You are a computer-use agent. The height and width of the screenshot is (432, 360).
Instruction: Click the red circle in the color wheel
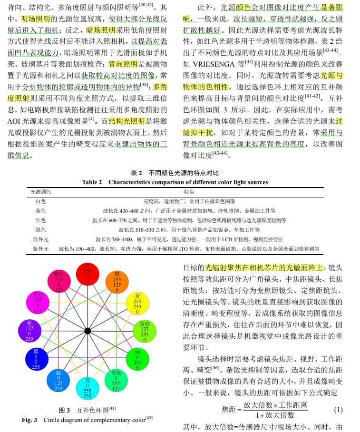tap(88, 275)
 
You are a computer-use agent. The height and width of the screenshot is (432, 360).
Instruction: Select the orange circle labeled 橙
tap(117, 282)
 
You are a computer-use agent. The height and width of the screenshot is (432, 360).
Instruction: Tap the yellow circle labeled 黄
tap(137, 304)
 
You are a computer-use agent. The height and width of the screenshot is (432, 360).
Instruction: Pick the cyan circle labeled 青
tap(88, 387)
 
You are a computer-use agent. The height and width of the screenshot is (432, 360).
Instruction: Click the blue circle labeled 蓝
tap(36, 359)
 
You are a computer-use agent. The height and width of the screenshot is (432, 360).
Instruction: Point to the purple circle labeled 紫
tap(29, 331)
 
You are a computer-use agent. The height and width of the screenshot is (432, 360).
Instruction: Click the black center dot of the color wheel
tap(88, 331)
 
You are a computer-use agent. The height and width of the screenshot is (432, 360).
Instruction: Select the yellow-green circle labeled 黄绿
tap(145, 331)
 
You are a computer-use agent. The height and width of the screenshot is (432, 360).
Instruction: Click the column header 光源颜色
tap(40, 191)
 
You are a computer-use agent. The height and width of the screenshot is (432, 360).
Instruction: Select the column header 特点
tap(189, 191)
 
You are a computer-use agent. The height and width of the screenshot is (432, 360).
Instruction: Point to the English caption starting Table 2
tap(175, 182)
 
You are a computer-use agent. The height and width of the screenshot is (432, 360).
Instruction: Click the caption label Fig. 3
tap(31, 420)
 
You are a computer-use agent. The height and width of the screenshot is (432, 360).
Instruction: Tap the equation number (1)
tap(338, 410)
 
